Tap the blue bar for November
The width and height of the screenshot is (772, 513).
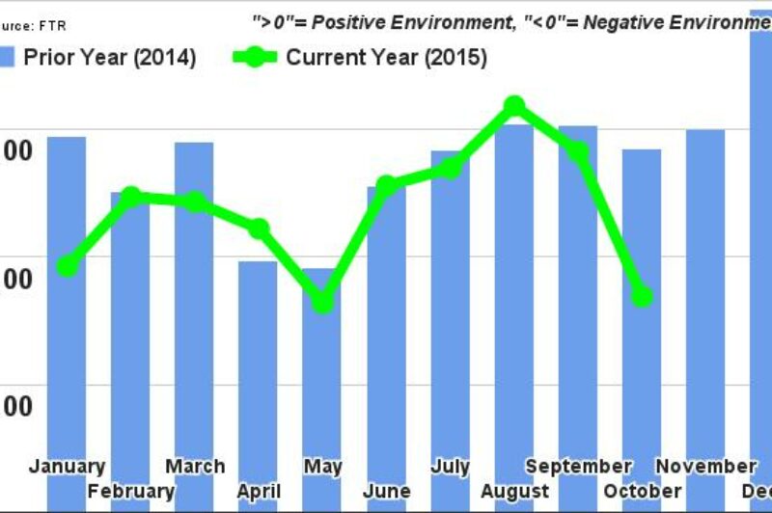tap(705, 289)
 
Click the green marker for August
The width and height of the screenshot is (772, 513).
tap(513, 105)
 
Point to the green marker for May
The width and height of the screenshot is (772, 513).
tap(322, 302)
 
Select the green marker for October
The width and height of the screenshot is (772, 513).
tap(642, 296)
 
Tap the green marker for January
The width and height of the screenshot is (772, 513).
tap(67, 265)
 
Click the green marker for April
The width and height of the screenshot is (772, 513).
tap(259, 229)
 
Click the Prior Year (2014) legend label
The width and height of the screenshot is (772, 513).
tap(110, 57)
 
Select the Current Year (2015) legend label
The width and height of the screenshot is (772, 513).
tap(386, 57)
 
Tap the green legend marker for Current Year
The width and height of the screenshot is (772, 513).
tap(256, 57)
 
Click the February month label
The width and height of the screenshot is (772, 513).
tap(131, 491)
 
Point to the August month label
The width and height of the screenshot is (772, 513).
tap(514, 491)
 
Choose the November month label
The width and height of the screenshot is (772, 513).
tap(706, 467)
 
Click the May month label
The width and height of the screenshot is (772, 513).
tap(322, 467)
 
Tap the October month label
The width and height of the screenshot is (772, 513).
tap(643, 491)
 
